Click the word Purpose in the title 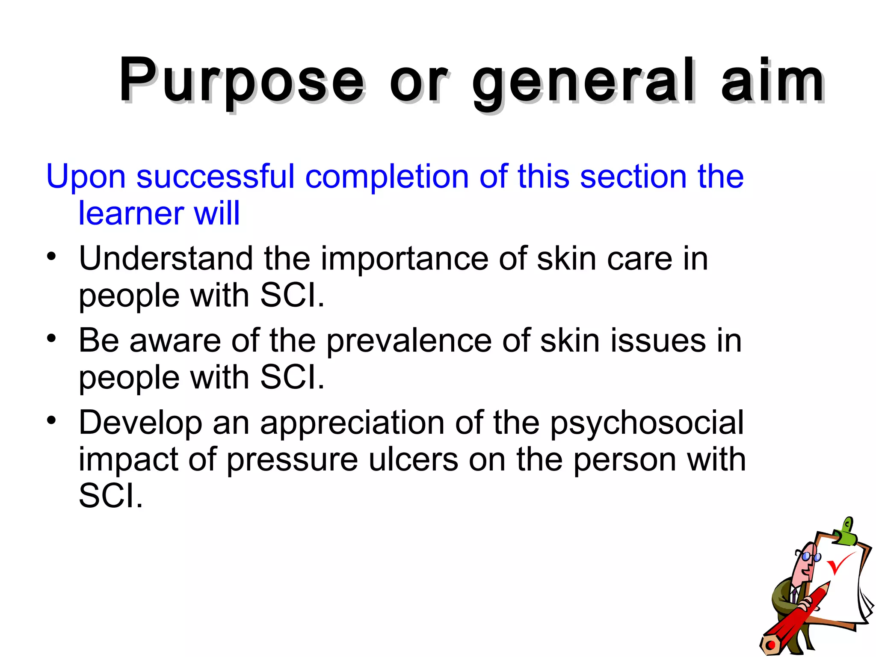tap(242, 81)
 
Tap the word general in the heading tap(584, 83)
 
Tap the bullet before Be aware tap(52, 338)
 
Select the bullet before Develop tap(52, 420)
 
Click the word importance tap(404, 259)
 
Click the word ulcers tap(413, 460)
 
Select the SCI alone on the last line tap(110, 496)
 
